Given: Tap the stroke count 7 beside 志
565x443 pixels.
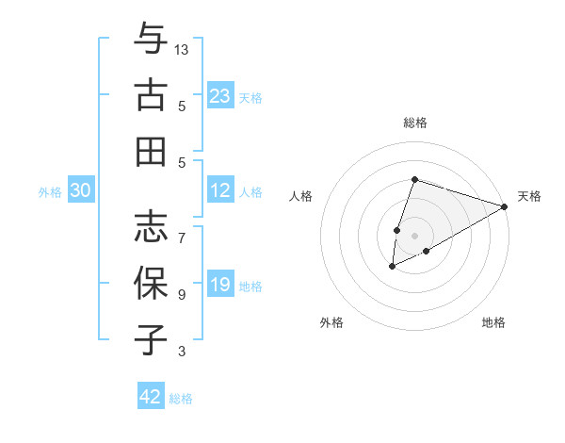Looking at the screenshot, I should [182, 228].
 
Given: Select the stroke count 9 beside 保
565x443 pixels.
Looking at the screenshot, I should [182, 295].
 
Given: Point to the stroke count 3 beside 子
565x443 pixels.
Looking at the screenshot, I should [182, 352].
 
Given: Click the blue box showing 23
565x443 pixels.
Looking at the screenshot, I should [220, 95].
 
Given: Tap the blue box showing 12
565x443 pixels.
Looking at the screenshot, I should [220, 190].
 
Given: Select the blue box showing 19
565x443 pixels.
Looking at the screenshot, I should [220, 285].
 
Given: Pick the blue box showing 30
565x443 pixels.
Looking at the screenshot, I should [81, 190].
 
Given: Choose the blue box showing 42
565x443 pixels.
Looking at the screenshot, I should [151, 397].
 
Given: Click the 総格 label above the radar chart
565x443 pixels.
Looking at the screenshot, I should [414, 123].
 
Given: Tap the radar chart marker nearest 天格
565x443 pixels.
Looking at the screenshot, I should [505, 207].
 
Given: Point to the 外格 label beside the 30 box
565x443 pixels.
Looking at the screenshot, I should [50, 191].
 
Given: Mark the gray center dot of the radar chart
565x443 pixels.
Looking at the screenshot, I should [414, 234].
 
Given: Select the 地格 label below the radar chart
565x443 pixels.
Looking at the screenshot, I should [493, 323].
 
